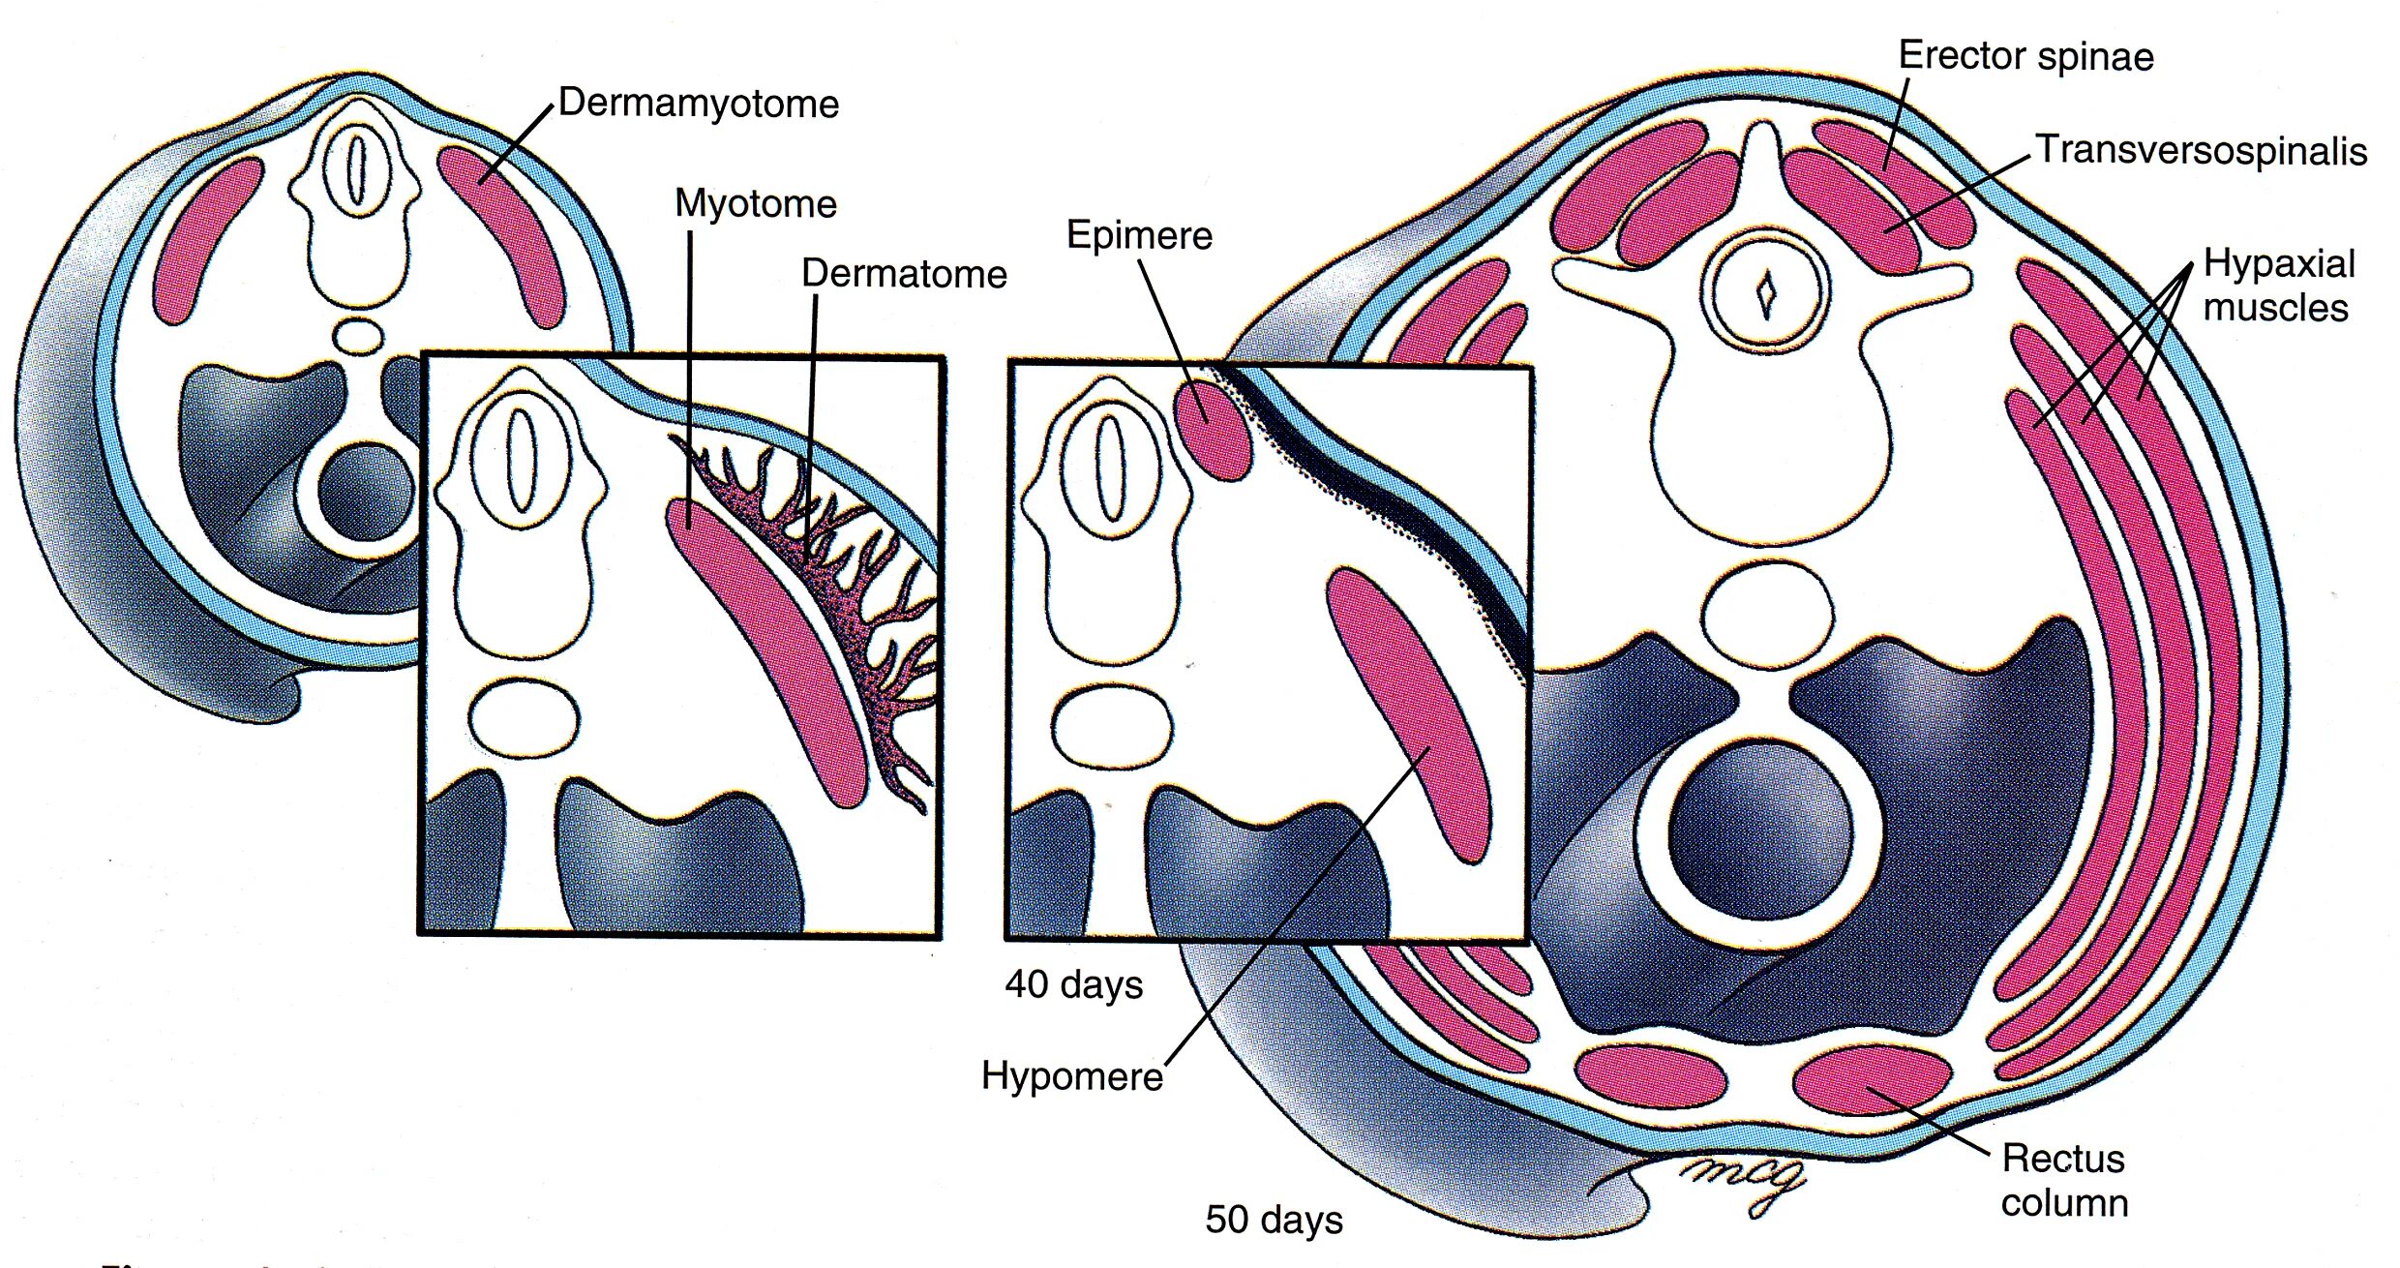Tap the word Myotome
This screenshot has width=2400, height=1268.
[x=755, y=204]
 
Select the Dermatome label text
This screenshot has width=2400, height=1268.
[x=904, y=274]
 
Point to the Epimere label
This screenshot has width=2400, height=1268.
[x=1139, y=235]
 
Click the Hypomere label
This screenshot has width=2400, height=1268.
[x=1072, y=1075]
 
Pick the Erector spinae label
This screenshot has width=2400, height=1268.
[x=2025, y=56]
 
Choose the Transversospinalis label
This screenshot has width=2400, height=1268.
[x=2202, y=151]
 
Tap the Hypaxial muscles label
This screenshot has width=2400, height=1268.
[x=2279, y=286]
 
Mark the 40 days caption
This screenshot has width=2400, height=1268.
[x=1074, y=984]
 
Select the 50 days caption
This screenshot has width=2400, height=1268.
[x=1274, y=1219]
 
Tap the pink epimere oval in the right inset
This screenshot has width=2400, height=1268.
[x=1212, y=428]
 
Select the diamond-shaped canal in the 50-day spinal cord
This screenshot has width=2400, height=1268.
[x=1767, y=291]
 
